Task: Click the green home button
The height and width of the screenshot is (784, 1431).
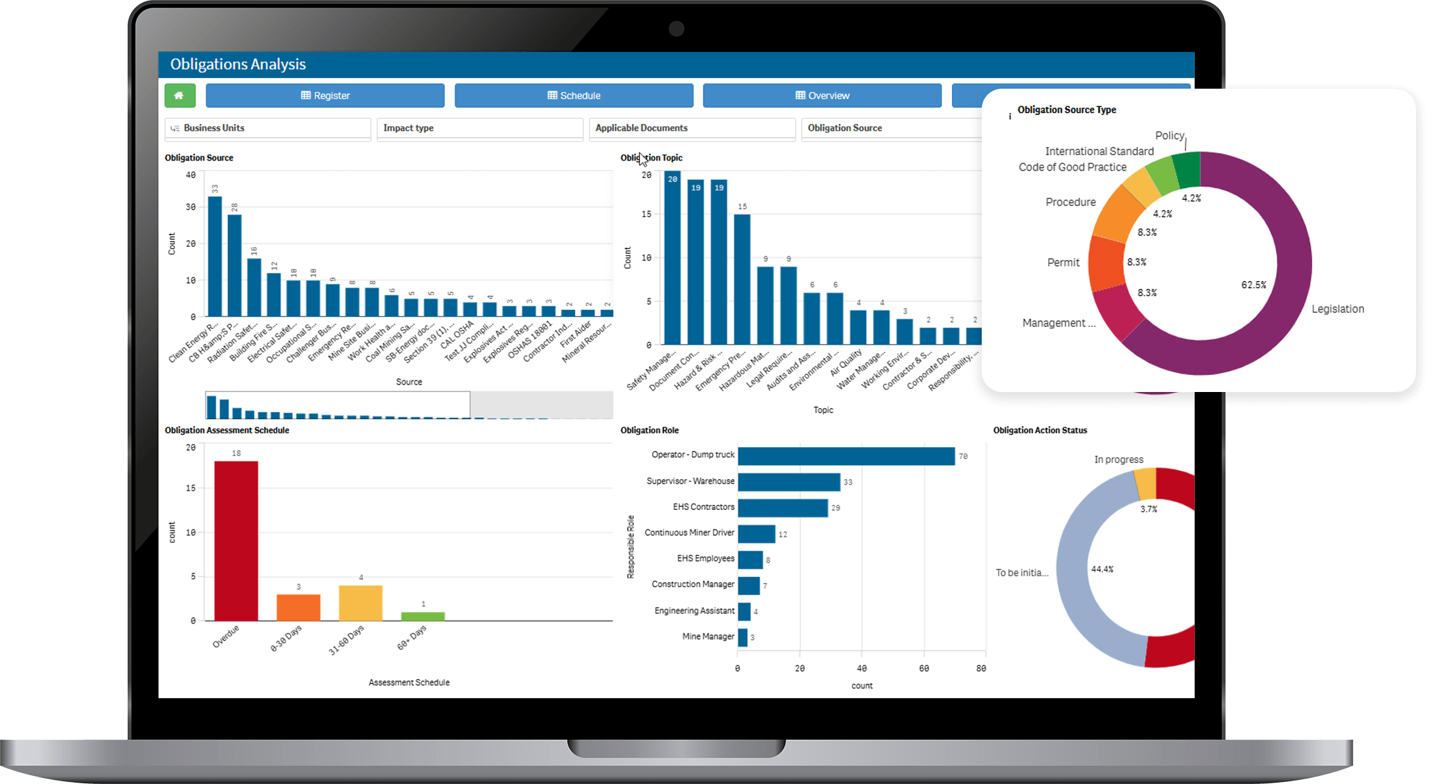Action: [180, 95]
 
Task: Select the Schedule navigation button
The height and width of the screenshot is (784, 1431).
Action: [574, 95]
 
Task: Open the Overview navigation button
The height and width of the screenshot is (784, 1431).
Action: [822, 95]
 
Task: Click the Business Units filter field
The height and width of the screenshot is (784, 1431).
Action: [268, 128]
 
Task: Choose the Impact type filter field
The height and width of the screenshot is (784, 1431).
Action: [480, 128]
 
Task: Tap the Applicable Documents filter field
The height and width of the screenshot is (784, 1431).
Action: [692, 128]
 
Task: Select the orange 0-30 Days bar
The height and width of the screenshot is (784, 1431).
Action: [298, 607]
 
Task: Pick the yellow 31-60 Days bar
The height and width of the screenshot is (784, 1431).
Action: [361, 603]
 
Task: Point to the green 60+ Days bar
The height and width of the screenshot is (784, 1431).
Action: [423, 616]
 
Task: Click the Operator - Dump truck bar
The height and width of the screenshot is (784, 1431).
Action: [846, 456]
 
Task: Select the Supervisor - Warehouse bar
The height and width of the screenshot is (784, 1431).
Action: [789, 482]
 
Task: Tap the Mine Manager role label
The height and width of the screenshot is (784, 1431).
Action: [708, 636]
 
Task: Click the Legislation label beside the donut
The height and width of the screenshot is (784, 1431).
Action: [1338, 309]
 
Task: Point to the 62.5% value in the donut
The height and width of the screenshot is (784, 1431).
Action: [1254, 285]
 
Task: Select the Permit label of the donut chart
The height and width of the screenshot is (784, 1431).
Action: [1063, 263]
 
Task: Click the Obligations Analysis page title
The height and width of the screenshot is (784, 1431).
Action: [238, 64]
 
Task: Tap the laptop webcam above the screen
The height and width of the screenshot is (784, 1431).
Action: [676, 28]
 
